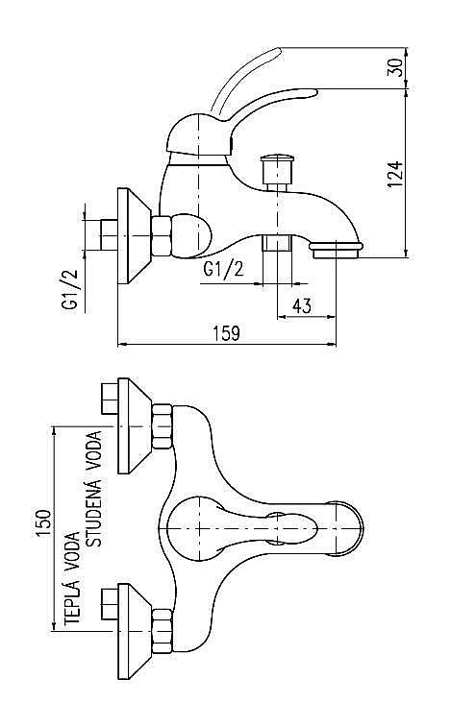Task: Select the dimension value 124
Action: tap(394, 174)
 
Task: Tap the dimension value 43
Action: tap(301, 305)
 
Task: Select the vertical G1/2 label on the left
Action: tap(69, 288)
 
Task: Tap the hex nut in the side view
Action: tap(164, 235)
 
